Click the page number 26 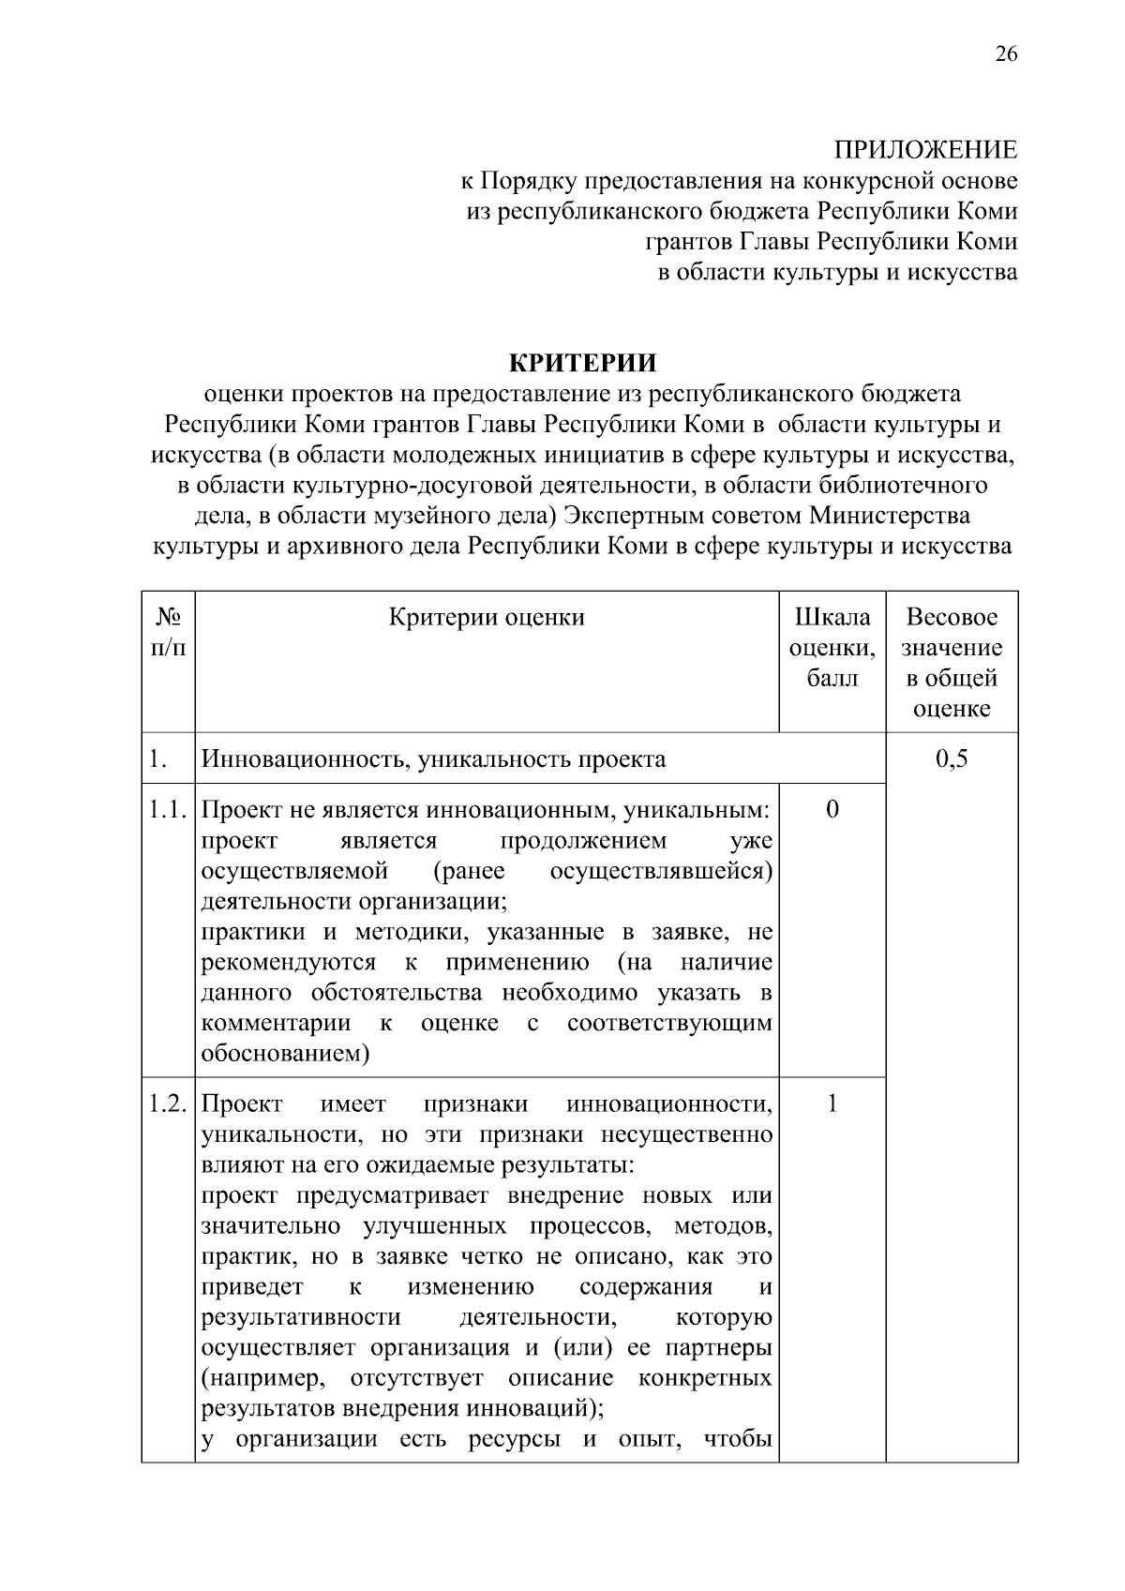(1005, 53)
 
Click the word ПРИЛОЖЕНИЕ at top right (925, 150)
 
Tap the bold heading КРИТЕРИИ (582, 363)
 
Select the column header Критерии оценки (487, 617)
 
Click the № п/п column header (168, 633)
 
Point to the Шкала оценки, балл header (832, 647)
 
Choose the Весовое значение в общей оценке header (952, 662)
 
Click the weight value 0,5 (952, 758)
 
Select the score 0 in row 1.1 (832, 809)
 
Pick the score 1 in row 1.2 (832, 1103)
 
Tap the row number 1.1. (168, 809)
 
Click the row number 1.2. (168, 1103)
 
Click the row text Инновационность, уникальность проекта (434, 758)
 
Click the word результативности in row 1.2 (301, 1318)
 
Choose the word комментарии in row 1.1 (276, 1023)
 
